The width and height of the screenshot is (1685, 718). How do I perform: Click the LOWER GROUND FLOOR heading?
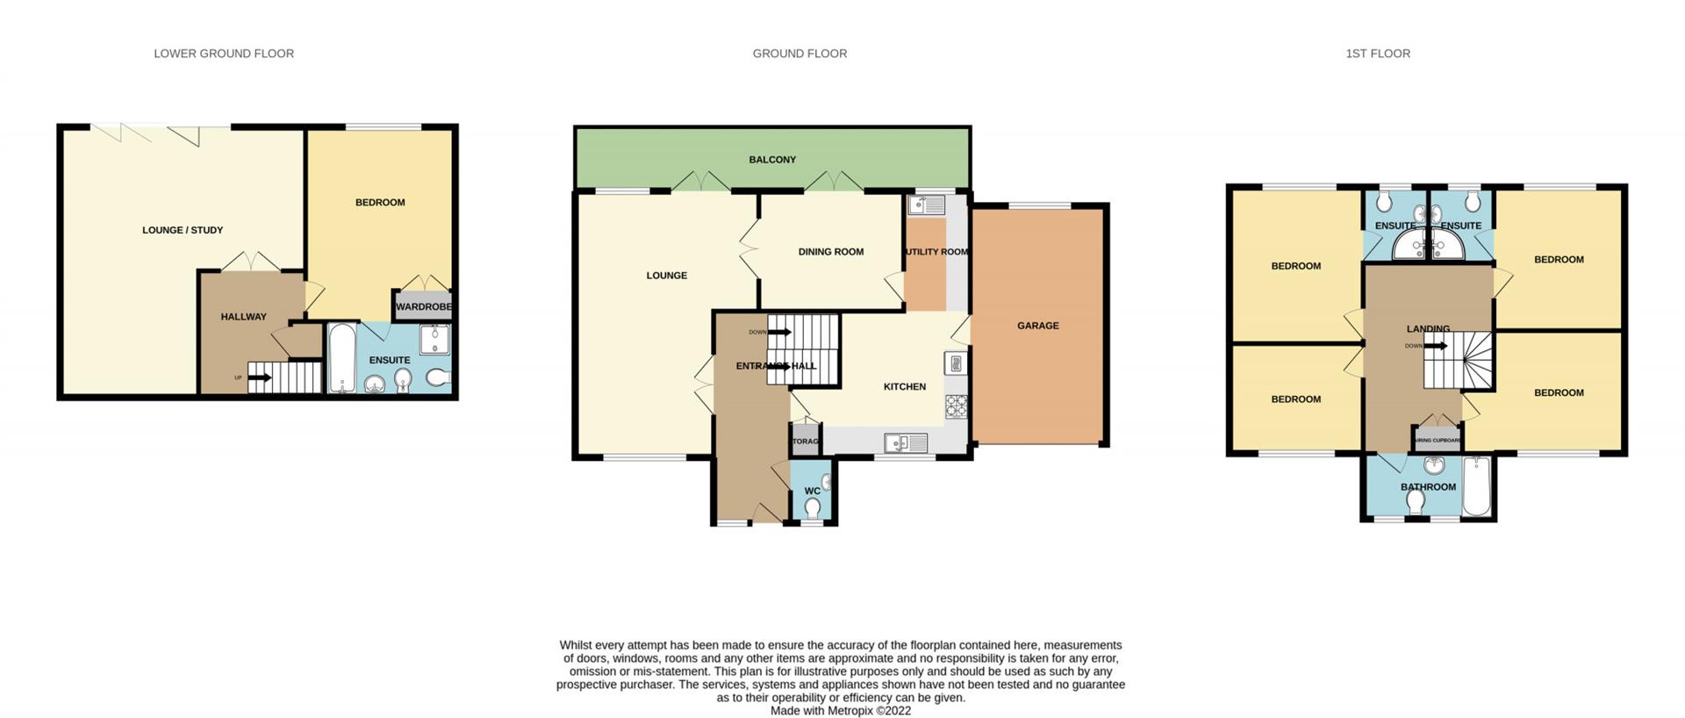pos(224,54)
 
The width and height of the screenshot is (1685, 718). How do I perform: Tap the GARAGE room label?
pos(1037,326)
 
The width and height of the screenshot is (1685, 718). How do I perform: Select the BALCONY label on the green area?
pos(772,160)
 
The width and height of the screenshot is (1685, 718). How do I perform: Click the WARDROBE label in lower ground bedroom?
pos(423,307)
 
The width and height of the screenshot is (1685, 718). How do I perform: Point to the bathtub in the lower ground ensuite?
pos(341,358)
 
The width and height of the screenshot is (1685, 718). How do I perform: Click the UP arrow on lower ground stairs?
pos(259,378)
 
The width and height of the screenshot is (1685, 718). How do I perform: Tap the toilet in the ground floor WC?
pos(813,508)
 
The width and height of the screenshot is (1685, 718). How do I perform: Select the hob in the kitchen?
pos(956,406)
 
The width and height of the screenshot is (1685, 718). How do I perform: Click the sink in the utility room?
pos(926,205)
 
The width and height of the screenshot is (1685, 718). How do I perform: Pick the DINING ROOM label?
pos(830,252)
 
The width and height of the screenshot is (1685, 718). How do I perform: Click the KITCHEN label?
pos(904,387)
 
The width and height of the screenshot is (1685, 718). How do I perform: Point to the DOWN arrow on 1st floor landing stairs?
pos(1435,346)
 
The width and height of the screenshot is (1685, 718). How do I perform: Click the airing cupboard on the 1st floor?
pos(1437,439)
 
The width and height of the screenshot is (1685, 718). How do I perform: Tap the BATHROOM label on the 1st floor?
pos(1428,487)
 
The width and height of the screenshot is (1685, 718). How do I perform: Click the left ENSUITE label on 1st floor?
pos(1395,226)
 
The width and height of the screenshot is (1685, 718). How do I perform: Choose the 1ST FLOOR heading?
pos(1377,54)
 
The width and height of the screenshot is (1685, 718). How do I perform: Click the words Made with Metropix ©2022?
pos(840,711)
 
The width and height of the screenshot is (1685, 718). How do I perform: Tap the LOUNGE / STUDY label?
pos(183,231)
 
